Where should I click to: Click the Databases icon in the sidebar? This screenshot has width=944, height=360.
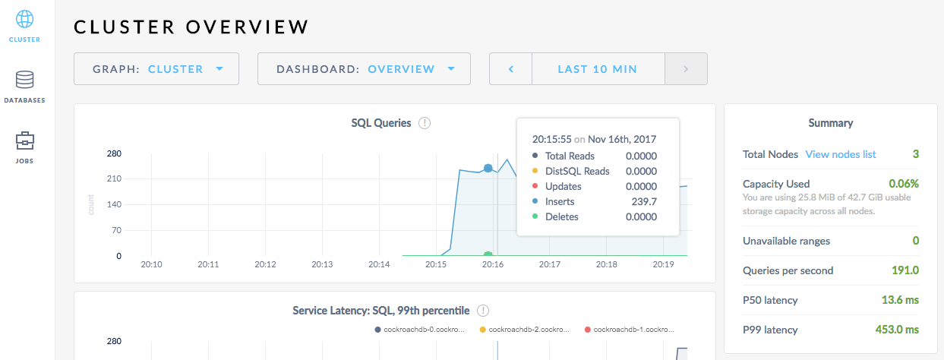tap(25, 80)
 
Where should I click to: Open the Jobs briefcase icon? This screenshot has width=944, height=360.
tap(25, 141)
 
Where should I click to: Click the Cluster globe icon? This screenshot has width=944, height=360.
tap(25, 19)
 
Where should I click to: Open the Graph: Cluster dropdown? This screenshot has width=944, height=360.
tap(156, 69)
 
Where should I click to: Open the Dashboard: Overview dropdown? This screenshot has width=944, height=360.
tap(364, 69)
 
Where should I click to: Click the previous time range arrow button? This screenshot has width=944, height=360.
tap(511, 69)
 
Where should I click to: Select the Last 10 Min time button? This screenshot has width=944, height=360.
tap(598, 69)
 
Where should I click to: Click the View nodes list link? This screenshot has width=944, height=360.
tap(841, 154)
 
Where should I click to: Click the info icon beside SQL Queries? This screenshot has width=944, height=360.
tap(425, 123)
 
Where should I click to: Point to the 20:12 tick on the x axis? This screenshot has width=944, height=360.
tap(264, 264)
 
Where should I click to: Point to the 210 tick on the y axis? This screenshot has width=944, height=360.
tap(114, 179)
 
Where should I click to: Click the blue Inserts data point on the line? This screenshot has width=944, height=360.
tap(488, 168)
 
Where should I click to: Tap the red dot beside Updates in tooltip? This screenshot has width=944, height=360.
tap(534, 186)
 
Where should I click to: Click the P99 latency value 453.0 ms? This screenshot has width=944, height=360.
tap(897, 330)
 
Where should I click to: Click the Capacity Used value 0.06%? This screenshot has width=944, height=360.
tap(904, 184)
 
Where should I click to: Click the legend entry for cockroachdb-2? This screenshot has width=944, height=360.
tap(524, 330)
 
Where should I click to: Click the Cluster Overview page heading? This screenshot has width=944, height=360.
tap(191, 27)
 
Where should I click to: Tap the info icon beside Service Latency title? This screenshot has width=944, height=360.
tap(483, 311)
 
